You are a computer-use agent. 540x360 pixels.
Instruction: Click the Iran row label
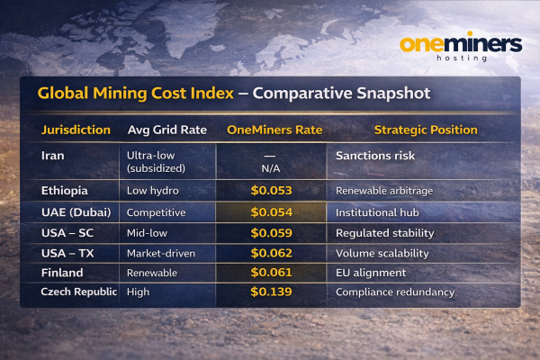pos(53,156)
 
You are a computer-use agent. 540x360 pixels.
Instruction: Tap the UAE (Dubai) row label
pos(76,212)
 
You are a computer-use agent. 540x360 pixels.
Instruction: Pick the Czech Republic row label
pos(79,292)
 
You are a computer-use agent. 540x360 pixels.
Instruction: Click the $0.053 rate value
pos(271,191)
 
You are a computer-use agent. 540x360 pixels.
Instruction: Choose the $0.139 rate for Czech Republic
pos(271,292)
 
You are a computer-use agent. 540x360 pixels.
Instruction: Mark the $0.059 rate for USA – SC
pos(271,233)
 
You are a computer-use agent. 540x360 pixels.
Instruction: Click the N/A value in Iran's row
pos(271,167)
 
